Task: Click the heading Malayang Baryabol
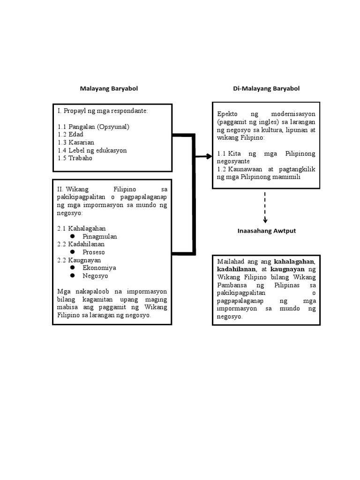pyautogui.click(x=109, y=88)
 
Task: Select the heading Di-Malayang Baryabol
pyautogui.click(x=266, y=88)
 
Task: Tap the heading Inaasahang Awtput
pyautogui.click(x=267, y=231)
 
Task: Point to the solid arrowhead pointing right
pyautogui.click(x=209, y=157)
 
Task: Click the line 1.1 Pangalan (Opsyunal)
pyautogui.click(x=93, y=127)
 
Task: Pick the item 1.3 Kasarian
pyautogui.click(x=76, y=142)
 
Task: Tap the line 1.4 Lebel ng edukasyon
pyautogui.click(x=92, y=150)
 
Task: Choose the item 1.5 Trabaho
pyautogui.click(x=75, y=158)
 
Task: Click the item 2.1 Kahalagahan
pyautogui.click(x=81, y=228)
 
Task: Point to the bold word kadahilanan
pyautogui.click(x=236, y=270)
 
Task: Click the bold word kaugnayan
pyautogui.click(x=287, y=270)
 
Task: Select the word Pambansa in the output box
pyautogui.click(x=233, y=285)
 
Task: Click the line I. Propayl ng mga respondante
pyautogui.click(x=103, y=111)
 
